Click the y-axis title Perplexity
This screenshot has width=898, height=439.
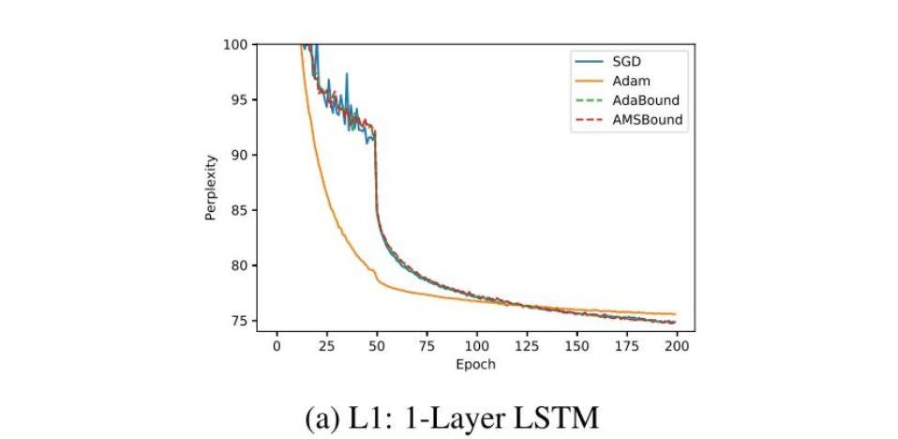(212, 188)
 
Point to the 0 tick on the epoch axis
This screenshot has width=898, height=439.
(277, 346)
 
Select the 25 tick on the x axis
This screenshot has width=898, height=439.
(326, 346)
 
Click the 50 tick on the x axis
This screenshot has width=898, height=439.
(377, 346)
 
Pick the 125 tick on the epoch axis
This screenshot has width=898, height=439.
(527, 346)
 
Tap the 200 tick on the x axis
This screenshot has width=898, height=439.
(677, 346)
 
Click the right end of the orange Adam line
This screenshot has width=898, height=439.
(675, 314)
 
